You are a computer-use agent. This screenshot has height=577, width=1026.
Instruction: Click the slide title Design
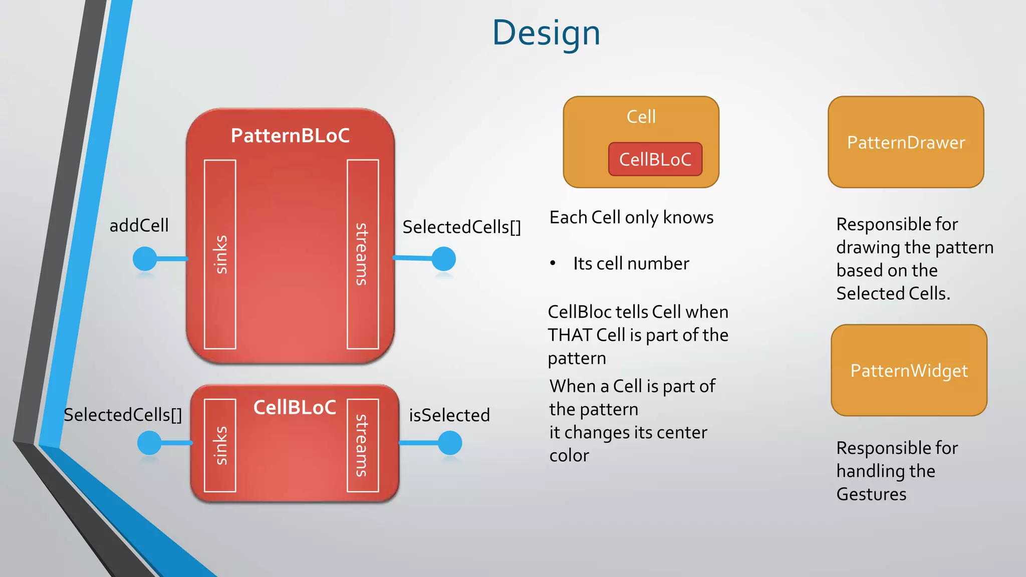(546, 33)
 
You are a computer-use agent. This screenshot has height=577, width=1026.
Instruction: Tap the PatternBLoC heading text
(290, 136)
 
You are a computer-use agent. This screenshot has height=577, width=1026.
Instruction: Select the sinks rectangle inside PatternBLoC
(220, 254)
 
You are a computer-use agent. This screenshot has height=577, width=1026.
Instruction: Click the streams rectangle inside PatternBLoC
(363, 254)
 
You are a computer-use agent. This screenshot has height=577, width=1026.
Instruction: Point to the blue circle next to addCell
(145, 259)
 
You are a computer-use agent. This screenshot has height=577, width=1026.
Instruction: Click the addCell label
(139, 225)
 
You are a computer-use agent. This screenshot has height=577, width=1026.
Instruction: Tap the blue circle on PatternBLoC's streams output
(443, 259)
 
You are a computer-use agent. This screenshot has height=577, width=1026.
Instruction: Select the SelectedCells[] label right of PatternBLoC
(461, 227)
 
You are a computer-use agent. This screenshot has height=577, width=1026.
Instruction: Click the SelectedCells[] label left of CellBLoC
(123, 415)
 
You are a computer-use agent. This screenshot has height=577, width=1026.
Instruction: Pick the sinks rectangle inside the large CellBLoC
(220, 445)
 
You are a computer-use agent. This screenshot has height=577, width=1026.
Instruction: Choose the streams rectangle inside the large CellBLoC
(363, 445)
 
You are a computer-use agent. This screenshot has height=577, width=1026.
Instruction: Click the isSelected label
(449, 415)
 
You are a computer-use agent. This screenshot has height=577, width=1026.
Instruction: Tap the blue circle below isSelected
(450, 443)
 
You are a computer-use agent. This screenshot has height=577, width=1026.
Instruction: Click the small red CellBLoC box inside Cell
(655, 159)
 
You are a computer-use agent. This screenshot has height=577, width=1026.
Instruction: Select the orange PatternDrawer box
(906, 142)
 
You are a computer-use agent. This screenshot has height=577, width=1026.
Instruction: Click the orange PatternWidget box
(909, 370)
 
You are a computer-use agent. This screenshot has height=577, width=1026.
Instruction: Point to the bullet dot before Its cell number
(553, 263)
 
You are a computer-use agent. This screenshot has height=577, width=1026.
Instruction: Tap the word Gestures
(871, 494)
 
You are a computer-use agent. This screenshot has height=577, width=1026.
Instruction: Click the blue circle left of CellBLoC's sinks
(149, 443)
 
